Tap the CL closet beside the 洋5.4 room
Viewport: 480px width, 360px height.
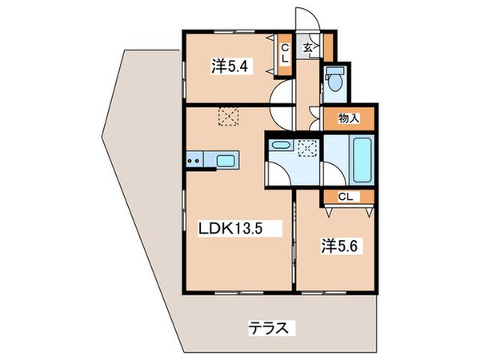[283, 55]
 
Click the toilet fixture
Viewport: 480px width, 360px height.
[334, 81]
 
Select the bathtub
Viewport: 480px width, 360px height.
[360, 159]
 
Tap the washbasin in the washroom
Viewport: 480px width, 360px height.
[281, 145]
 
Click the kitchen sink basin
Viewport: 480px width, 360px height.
[226, 161]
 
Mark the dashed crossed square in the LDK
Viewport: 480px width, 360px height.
[230, 117]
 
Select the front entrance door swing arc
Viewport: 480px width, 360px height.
[306, 19]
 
